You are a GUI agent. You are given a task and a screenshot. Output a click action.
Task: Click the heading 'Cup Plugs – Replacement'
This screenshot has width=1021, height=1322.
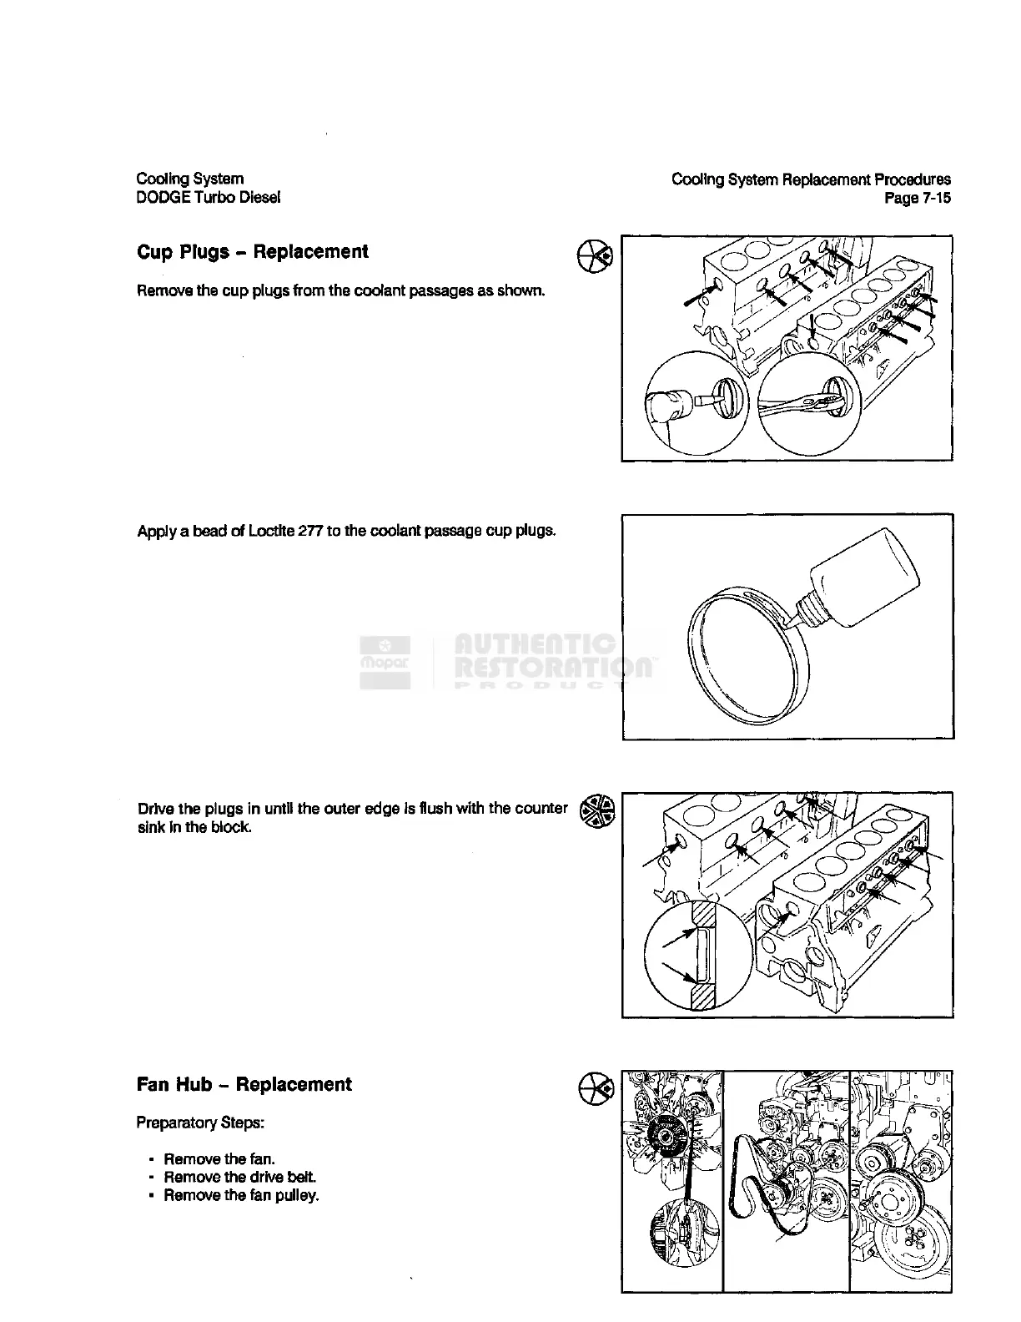(252, 252)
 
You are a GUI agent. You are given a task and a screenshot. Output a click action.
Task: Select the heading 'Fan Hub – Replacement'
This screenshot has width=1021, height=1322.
(244, 1084)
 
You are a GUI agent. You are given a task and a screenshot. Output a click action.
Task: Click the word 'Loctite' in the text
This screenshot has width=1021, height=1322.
(271, 531)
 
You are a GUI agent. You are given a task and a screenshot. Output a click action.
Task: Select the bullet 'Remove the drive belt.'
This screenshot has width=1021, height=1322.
(239, 1177)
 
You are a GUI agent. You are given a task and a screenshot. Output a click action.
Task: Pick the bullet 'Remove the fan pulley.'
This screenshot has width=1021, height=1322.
(241, 1195)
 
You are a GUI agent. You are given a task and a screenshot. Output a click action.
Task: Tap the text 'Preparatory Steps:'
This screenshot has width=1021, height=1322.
(200, 1123)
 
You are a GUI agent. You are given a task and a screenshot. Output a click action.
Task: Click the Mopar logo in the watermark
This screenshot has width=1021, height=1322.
(385, 662)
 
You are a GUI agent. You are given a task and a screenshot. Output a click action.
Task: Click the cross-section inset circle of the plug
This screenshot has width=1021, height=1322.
(697, 955)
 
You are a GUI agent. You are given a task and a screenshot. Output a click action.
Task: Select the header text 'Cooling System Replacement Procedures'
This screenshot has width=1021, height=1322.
(810, 179)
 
